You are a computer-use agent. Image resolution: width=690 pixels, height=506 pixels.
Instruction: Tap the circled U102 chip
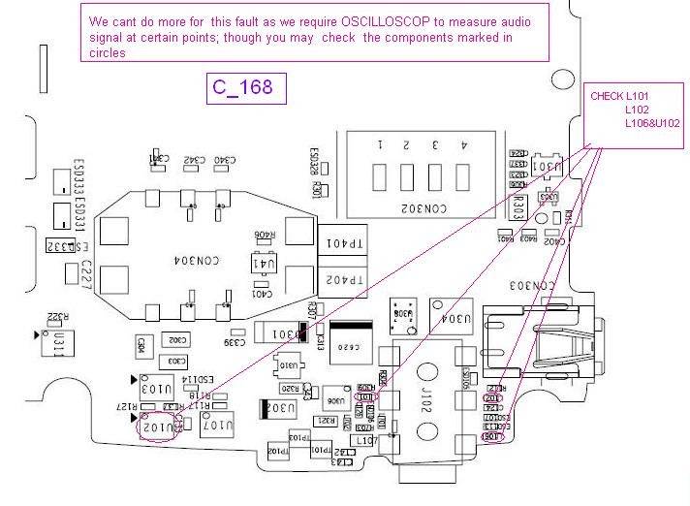point(158,426)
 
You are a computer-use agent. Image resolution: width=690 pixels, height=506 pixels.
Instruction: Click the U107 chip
point(219,424)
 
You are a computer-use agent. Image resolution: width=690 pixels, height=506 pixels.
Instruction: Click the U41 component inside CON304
point(265,263)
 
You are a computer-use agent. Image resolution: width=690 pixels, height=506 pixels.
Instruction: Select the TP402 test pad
point(345,280)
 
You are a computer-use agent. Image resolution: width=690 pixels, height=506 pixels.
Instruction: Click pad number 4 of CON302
point(464,175)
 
